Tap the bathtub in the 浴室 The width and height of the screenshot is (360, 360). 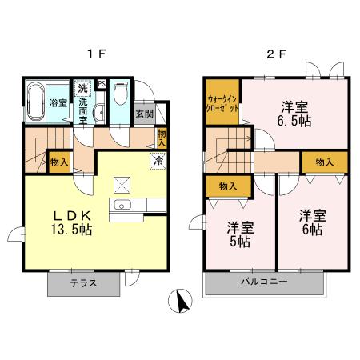point(36,102)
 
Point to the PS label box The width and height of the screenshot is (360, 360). point(102,83)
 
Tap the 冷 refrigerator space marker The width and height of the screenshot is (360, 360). point(158,160)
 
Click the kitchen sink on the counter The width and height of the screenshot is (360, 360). point(122,206)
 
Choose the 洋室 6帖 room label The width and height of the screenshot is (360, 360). point(311,222)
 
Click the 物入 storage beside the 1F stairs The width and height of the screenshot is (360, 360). point(59,162)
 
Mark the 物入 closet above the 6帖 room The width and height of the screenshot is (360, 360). point(324,162)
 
